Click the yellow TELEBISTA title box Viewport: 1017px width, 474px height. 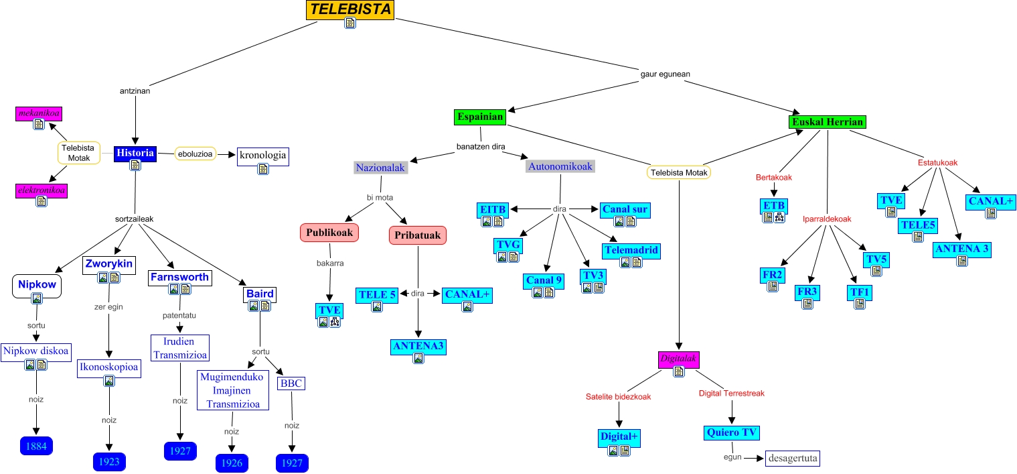pyautogui.click(x=350, y=10)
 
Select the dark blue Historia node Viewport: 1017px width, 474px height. pyautogui.click(x=135, y=153)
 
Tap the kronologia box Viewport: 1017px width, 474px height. pyautogui.click(x=262, y=156)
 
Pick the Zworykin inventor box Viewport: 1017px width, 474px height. pyautogui.click(x=108, y=265)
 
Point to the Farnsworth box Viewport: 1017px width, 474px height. pyautogui.click(x=179, y=278)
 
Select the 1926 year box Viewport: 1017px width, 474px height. pyautogui.click(x=232, y=463)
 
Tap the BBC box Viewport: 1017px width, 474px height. pyautogui.click(x=291, y=383)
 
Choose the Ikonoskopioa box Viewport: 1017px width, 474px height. pyautogui.click(x=109, y=367)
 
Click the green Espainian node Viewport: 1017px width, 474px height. pyautogui.click(x=480, y=117)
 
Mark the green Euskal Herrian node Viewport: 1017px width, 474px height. pyautogui.click(x=828, y=122)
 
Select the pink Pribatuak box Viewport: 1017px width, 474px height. pyautogui.click(x=418, y=235)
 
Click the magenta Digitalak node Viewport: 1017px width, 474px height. pyautogui.click(x=679, y=359)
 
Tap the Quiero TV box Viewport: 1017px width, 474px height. pyautogui.click(x=732, y=432)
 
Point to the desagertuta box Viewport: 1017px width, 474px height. pyautogui.click(x=793, y=459)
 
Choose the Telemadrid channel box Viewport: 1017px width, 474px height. pyautogui.click(x=631, y=251)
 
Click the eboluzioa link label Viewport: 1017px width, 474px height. pyautogui.click(x=195, y=153)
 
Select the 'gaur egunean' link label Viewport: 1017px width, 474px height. pyautogui.click(x=665, y=74)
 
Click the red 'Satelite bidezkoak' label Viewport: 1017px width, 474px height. pyautogui.click(x=618, y=397)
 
